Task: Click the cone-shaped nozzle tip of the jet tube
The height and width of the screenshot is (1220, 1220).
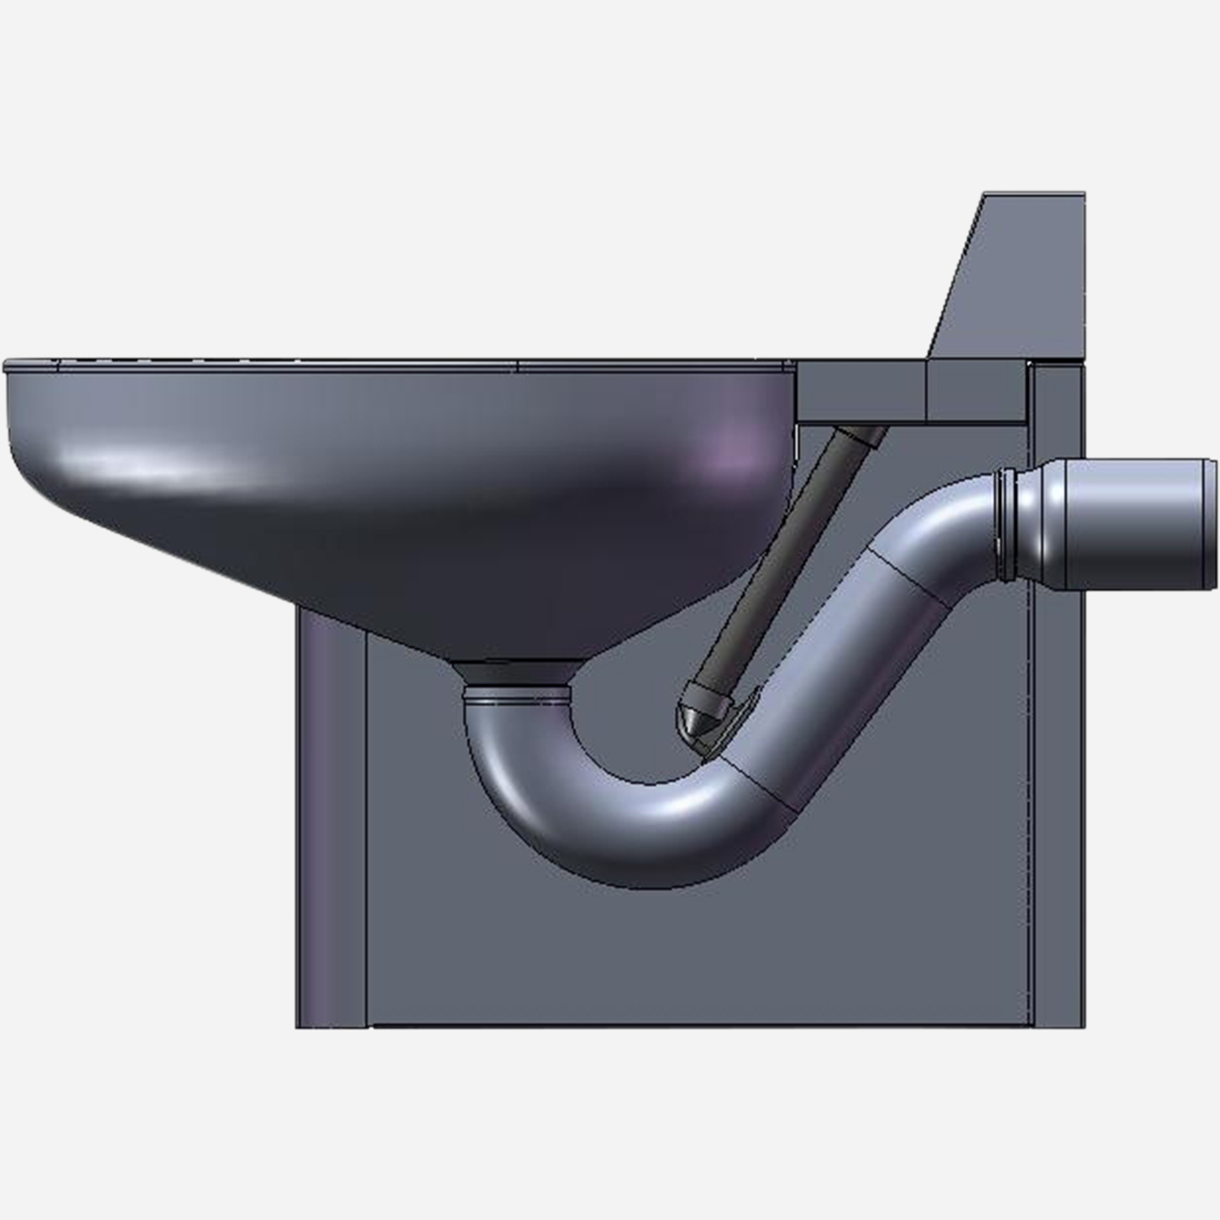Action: (x=690, y=721)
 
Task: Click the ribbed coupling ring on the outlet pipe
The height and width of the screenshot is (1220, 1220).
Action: (x=1007, y=525)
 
